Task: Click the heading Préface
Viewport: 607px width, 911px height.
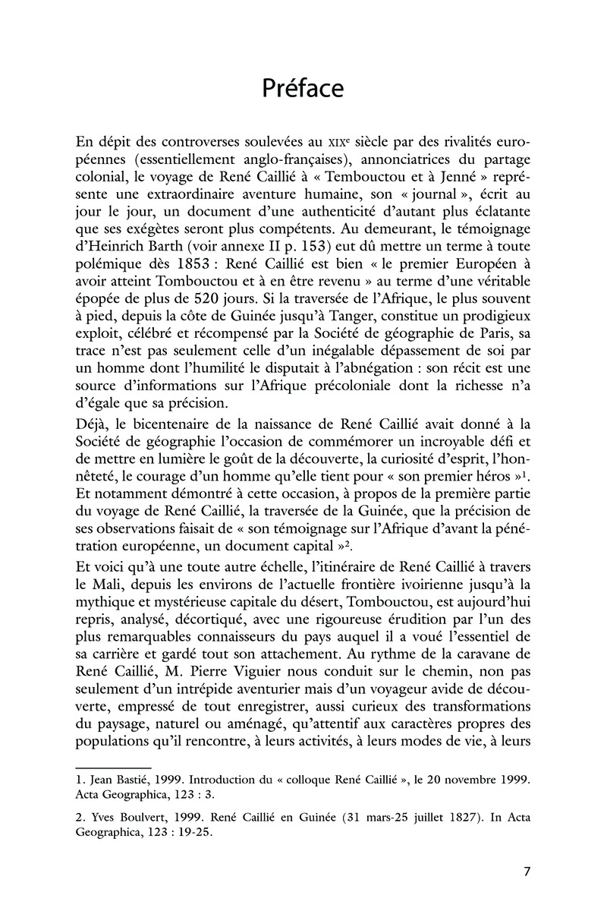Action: click(x=303, y=89)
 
